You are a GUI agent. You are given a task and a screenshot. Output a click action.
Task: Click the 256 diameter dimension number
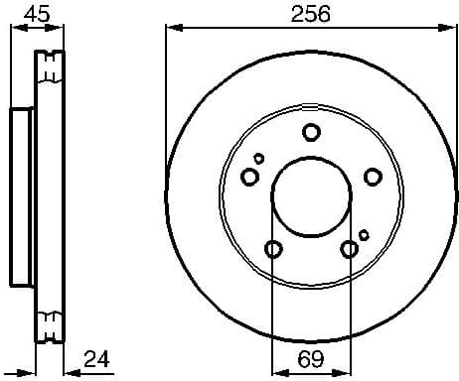point(310,14)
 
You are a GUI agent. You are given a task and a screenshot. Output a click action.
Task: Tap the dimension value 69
point(310,358)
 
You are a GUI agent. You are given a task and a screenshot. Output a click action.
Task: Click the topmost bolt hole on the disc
point(311,132)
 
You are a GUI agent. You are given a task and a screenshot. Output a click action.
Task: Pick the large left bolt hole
point(249,177)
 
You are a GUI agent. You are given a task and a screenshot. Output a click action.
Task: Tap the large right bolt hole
point(373,177)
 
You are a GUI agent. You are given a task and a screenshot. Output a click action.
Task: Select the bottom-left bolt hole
point(273,249)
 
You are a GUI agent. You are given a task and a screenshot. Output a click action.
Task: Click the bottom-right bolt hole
point(349,249)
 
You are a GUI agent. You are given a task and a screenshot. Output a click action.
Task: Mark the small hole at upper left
point(259,158)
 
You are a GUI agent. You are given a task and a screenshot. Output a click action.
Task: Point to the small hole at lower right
point(364,234)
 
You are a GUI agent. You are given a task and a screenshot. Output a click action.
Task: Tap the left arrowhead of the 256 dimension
point(172,28)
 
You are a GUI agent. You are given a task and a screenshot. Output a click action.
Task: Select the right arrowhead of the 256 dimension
point(451,28)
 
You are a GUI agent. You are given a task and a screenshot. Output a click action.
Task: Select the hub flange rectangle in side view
point(22,194)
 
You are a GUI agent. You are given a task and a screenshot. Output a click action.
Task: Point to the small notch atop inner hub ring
point(311,113)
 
